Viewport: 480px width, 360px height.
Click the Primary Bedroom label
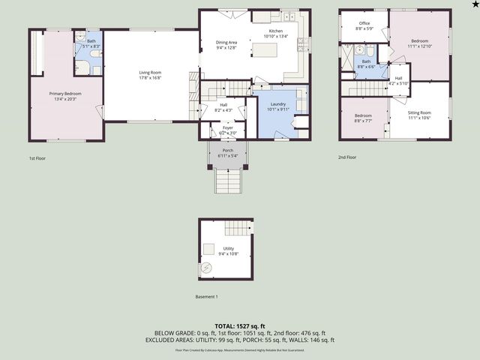(x=65, y=93)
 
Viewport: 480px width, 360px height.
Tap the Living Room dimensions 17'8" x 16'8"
(x=150, y=77)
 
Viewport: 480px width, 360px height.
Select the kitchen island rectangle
(x=264, y=51)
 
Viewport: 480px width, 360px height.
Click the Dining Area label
(x=226, y=43)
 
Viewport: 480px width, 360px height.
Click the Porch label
(x=227, y=151)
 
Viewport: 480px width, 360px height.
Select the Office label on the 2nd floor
(x=364, y=23)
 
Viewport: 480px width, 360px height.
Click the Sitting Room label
(x=419, y=112)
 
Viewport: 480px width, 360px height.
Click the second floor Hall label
(x=398, y=78)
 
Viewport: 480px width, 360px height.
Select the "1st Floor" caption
(x=37, y=158)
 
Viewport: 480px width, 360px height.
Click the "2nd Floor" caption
(x=347, y=158)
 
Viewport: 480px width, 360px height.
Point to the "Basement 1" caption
(x=206, y=297)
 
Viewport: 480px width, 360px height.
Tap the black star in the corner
(x=473, y=5)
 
